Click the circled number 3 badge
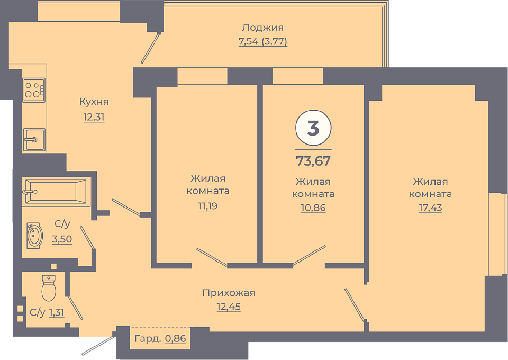coord(313,128)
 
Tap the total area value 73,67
coord(313,161)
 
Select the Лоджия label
coord(263,28)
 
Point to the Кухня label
coord(94,102)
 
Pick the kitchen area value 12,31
coord(94,116)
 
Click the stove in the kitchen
coord(34,90)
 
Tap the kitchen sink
coord(34,140)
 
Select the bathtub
coord(56,192)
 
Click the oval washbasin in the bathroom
coord(35,236)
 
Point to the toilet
coord(49,288)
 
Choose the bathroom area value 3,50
coord(62,239)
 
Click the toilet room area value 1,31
coord(57,312)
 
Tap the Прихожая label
coord(229,293)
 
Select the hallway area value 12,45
coord(229,307)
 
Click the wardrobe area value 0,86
coord(176,339)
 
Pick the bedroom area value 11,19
coord(208,206)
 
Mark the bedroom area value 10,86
coord(313,208)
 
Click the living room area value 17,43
coord(431,208)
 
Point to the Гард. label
coord(148,339)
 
